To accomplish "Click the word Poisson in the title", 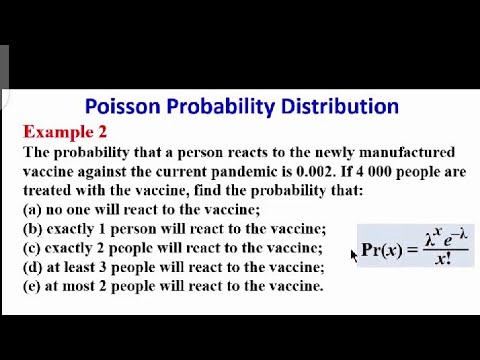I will pos(118,106).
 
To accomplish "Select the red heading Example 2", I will pos(64,132).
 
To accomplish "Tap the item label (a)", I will pos(33,209).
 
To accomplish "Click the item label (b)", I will pos(33,228).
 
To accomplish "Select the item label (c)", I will pos(33,247).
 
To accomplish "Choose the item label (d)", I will pos(33,266).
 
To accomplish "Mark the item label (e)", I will pos(33,285).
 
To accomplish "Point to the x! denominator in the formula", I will pos(443,260).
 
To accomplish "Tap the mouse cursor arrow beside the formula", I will pos(354,256).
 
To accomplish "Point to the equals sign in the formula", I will pos(412,250).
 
